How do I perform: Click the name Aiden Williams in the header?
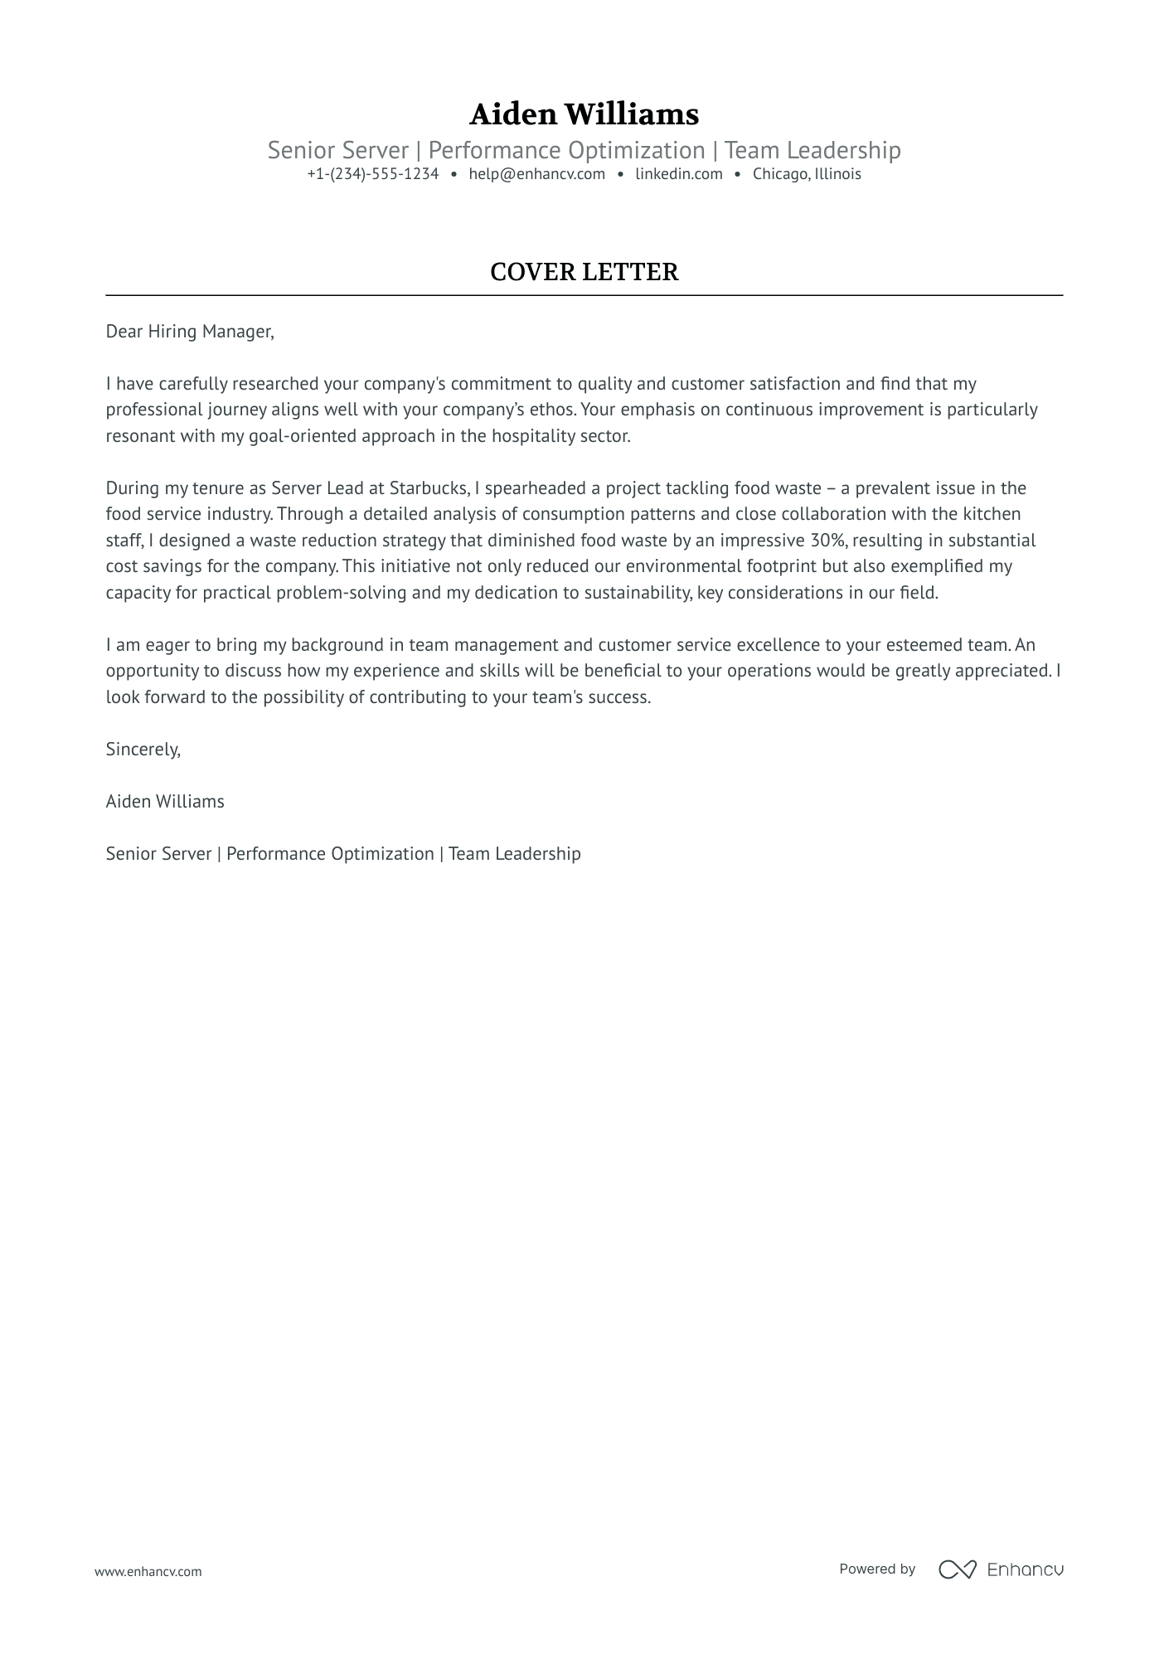pyautogui.click(x=584, y=114)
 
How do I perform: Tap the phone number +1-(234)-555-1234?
pyautogui.click(x=372, y=174)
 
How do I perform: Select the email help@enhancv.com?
pyautogui.click(x=536, y=174)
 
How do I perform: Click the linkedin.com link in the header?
pyautogui.click(x=678, y=174)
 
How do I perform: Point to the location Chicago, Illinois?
pyautogui.click(x=807, y=174)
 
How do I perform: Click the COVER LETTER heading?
pyautogui.click(x=584, y=272)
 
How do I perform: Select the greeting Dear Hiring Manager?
pyautogui.click(x=189, y=332)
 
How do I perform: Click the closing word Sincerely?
pyautogui.click(x=143, y=749)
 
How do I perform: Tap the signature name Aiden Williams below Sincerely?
pyautogui.click(x=165, y=802)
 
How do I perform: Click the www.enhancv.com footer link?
pyautogui.click(x=148, y=1571)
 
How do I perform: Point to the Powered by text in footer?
pyautogui.click(x=876, y=1569)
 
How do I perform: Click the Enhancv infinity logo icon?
pyautogui.click(x=957, y=1569)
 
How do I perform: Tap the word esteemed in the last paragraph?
pyautogui.click(x=924, y=645)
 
